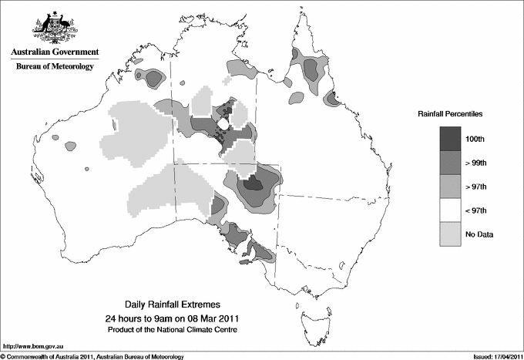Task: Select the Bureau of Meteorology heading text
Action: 54,67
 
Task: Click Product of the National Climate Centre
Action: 179,330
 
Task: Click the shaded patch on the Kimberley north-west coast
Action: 151,76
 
